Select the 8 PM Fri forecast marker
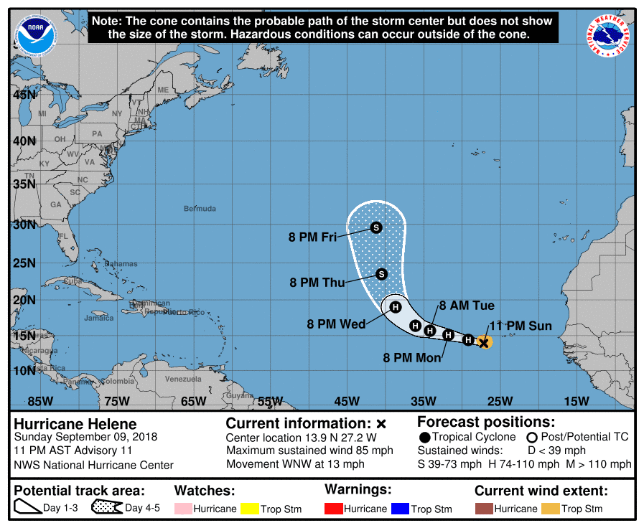click(376, 227)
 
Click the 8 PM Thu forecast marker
click(381, 274)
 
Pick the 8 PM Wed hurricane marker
click(395, 307)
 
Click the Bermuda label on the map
click(200, 209)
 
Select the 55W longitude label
click(270, 401)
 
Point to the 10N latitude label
click(23, 370)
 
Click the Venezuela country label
click(184, 379)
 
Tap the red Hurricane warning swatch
click(333, 509)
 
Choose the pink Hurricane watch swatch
click(183, 509)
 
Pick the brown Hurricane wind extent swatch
click(484, 509)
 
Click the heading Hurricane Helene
click(75, 424)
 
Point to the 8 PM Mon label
click(412, 357)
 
